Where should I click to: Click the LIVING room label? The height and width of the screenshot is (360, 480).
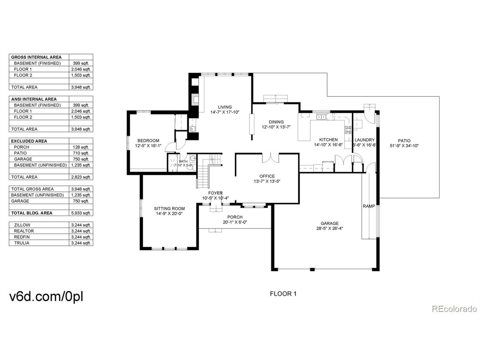point(225,107)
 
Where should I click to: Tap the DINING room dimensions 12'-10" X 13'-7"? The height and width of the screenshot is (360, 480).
point(276,127)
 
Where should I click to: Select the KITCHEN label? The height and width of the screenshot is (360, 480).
point(328,139)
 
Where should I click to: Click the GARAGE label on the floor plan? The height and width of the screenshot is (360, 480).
point(330,223)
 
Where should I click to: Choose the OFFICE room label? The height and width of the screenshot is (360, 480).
point(267,176)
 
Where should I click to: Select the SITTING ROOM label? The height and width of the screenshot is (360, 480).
point(169,208)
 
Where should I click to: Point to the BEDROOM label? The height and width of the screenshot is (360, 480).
point(148,141)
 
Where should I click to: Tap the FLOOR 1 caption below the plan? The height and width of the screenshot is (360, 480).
point(283,294)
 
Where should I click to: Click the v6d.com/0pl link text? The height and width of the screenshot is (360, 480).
point(46,296)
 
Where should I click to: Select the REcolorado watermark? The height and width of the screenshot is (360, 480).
point(454,309)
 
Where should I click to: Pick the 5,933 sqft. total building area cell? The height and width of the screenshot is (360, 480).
point(81,213)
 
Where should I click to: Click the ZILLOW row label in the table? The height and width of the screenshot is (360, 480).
point(22,225)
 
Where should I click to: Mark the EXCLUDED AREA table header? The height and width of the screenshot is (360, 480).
point(29,141)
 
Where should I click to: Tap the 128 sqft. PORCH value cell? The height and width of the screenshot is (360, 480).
point(81,147)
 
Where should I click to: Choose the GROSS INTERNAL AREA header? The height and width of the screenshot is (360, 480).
point(36,57)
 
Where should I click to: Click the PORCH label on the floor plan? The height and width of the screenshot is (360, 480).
point(235,217)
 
